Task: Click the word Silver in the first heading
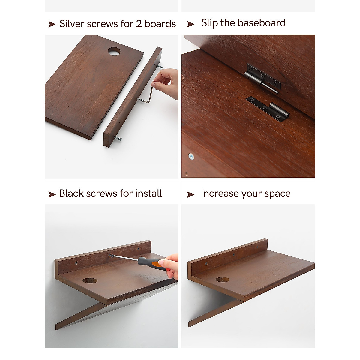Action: click(72, 24)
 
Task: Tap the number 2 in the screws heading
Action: click(139, 24)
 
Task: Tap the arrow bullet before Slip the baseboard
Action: click(190, 24)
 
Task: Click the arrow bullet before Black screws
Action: click(52, 195)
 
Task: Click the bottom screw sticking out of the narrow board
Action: click(118, 138)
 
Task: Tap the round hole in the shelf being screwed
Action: click(90, 281)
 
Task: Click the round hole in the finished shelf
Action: click(223, 280)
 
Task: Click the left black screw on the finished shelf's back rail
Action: click(206, 264)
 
